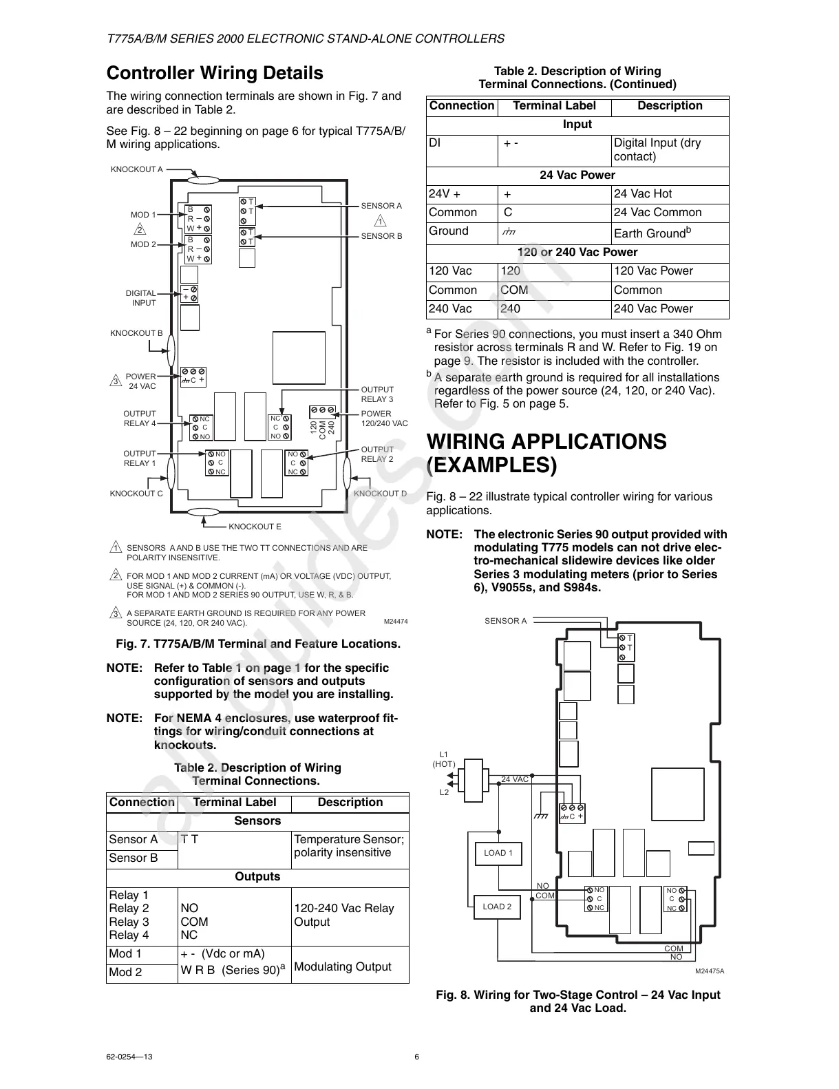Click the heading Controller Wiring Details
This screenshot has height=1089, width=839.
click(215, 74)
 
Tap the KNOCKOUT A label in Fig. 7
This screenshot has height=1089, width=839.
click(137, 169)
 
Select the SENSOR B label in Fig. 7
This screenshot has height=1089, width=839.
click(381, 236)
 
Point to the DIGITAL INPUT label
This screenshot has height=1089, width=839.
click(141, 298)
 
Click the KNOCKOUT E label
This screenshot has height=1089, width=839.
click(255, 527)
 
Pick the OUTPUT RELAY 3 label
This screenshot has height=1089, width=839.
click(377, 394)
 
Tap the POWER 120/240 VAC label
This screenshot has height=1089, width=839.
click(384, 419)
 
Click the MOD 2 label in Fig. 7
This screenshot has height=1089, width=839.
click(143, 245)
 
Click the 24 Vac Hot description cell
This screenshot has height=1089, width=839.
click(643, 194)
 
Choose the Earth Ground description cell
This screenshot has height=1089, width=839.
click(652, 233)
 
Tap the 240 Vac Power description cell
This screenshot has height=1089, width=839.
click(653, 309)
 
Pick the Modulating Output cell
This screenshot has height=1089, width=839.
click(343, 966)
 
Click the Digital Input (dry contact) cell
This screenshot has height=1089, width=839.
click(657, 149)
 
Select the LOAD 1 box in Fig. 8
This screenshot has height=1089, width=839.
click(498, 854)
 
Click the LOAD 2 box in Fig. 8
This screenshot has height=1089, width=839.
click(497, 907)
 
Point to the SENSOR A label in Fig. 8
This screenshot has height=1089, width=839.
click(505, 621)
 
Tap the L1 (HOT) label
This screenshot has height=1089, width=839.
click(444, 759)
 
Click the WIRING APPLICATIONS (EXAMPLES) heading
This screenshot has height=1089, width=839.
click(546, 453)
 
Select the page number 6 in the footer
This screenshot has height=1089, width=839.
click(417, 1057)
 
